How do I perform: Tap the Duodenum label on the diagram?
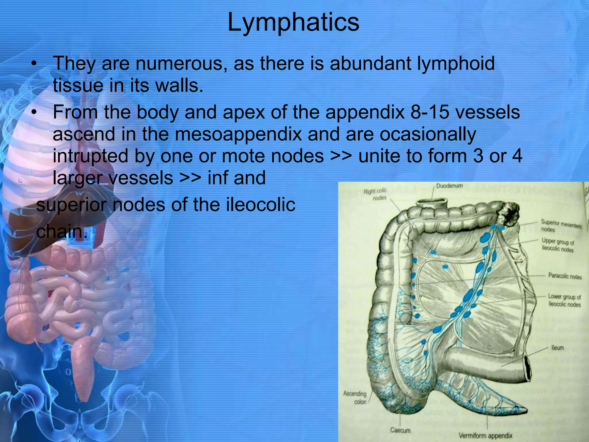coord(450,186)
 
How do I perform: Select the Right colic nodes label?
coord(376,195)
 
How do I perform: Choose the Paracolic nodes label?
coord(565,276)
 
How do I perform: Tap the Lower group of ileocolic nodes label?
coord(564,300)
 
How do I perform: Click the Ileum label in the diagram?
coord(557,348)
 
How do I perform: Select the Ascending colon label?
coord(355,397)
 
